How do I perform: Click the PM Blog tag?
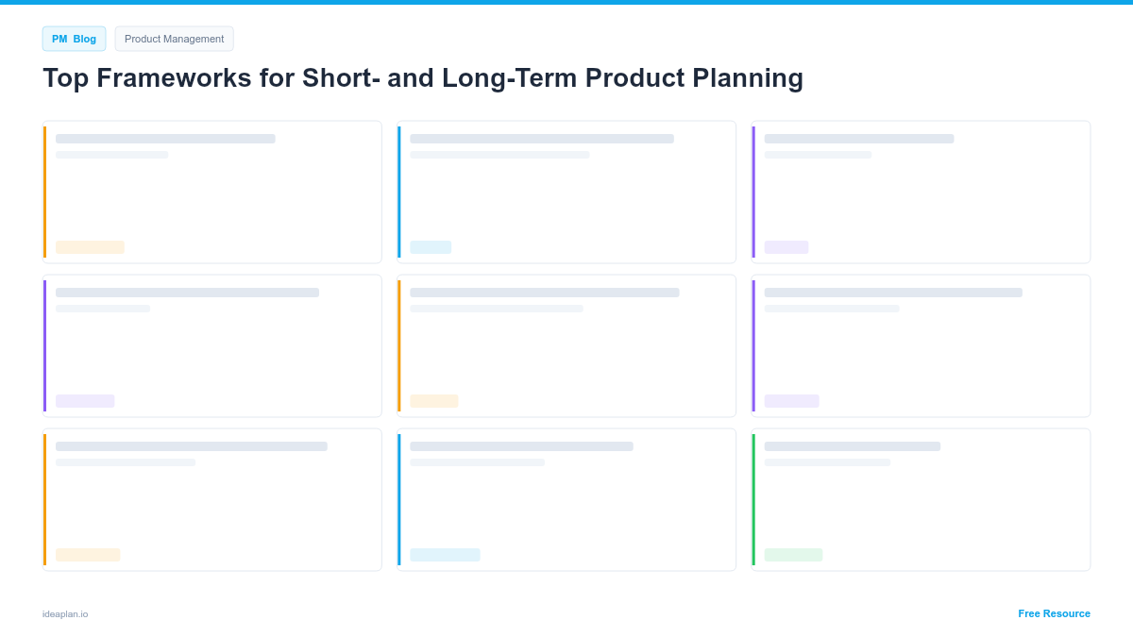[74, 39]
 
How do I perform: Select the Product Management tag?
[174, 39]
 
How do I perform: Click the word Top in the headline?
[66, 78]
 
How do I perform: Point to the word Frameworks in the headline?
[174, 78]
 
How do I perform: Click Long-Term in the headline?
[509, 79]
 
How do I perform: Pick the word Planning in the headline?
[748, 79]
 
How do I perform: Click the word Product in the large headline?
[634, 78]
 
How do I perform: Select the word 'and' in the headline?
[411, 78]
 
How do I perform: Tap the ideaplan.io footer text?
[65, 614]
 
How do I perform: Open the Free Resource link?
[1054, 613]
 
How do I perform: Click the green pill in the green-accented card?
[793, 555]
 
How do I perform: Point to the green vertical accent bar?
[753, 499]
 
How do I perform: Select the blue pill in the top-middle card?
[431, 247]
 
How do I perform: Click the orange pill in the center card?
[434, 401]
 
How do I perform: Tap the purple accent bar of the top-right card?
[753, 193]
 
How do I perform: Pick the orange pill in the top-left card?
[90, 247]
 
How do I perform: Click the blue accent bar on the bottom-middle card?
[399, 499]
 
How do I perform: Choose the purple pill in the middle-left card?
[85, 401]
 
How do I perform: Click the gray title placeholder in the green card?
[853, 446]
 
